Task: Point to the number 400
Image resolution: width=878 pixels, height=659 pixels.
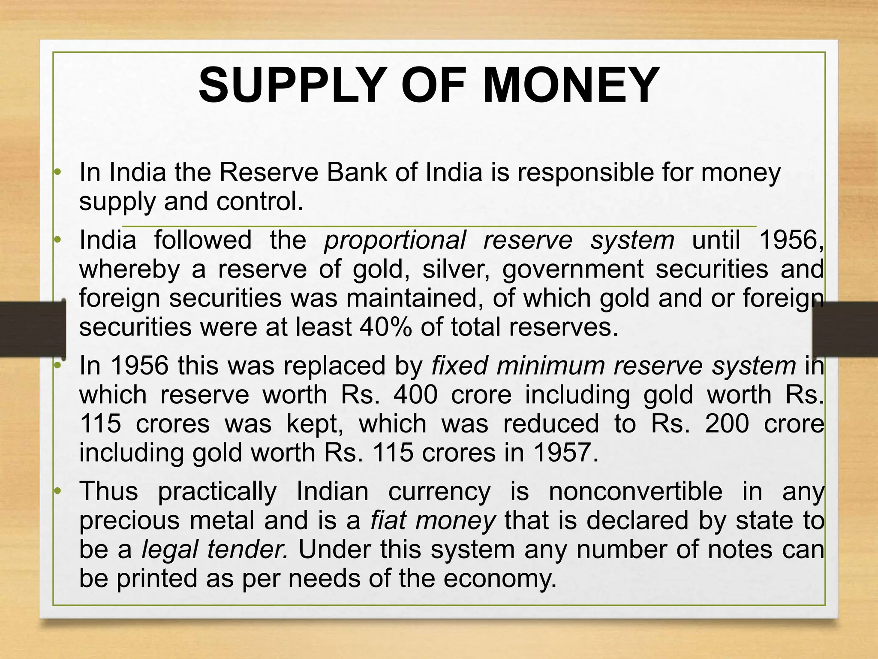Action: click(x=415, y=395)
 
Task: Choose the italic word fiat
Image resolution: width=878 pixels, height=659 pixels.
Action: click(x=387, y=521)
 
